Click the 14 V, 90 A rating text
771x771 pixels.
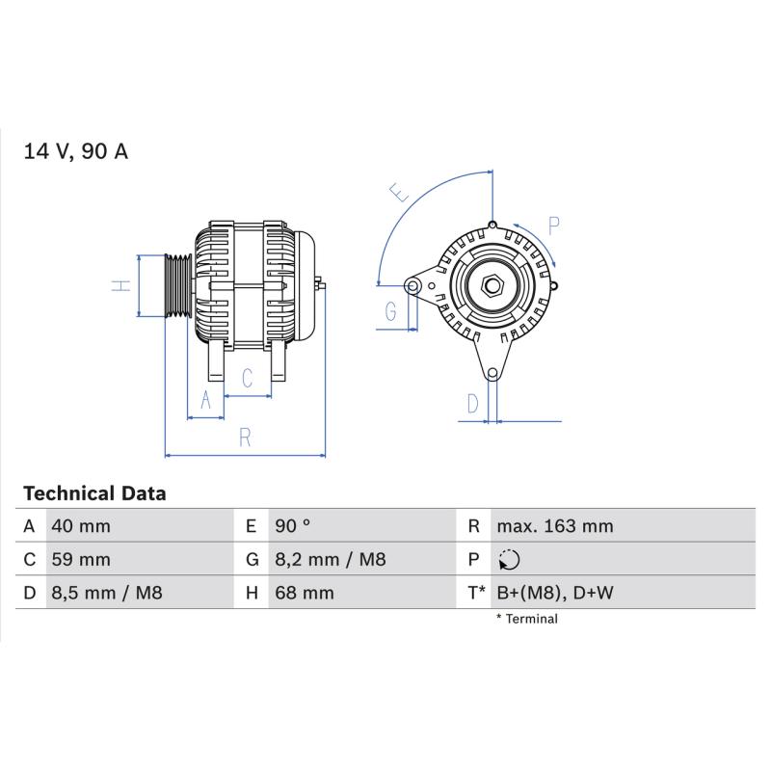(x=76, y=151)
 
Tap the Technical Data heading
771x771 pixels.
(x=94, y=493)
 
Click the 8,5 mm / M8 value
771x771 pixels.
(x=107, y=593)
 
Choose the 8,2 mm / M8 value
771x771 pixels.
(x=330, y=560)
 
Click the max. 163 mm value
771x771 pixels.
(x=555, y=526)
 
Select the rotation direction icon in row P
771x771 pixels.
(x=509, y=560)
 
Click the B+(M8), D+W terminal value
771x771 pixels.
(x=555, y=593)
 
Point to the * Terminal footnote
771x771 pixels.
(x=527, y=619)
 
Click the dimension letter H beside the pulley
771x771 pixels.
(x=121, y=285)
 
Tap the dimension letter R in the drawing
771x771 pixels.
(x=245, y=438)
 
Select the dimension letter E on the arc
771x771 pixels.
(x=399, y=192)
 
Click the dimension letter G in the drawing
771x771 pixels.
(x=390, y=311)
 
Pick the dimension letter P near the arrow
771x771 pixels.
(x=553, y=226)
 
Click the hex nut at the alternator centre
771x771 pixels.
(x=492, y=285)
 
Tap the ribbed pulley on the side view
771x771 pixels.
(x=178, y=285)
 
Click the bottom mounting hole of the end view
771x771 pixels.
(x=492, y=374)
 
